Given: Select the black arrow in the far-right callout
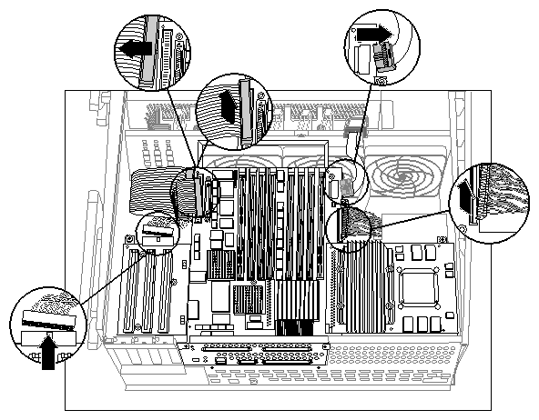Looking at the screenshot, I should pyautogui.click(x=467, y=192).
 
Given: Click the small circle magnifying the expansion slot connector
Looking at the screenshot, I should pyautogui.click(x=158, y=234).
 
